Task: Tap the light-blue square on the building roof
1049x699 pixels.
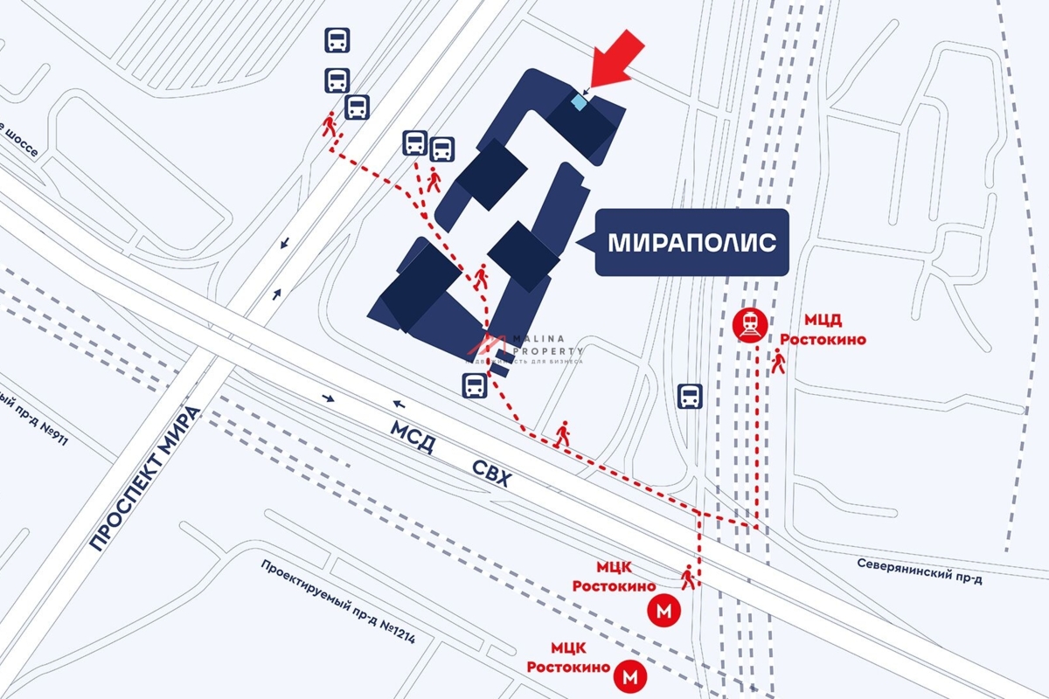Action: point(579,102)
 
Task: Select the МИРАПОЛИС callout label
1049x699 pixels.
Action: point(691,243)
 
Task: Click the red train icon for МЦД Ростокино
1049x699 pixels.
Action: point(750,326)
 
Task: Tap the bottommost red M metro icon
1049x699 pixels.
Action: point(629,675)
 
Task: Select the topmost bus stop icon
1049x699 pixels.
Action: point(337,40)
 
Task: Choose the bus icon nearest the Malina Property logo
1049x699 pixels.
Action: point(474,384)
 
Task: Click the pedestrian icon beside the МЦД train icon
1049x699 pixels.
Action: point(778,361)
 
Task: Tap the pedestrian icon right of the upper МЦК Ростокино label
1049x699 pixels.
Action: point(689,577)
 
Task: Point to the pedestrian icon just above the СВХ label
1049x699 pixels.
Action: point(562,434)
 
